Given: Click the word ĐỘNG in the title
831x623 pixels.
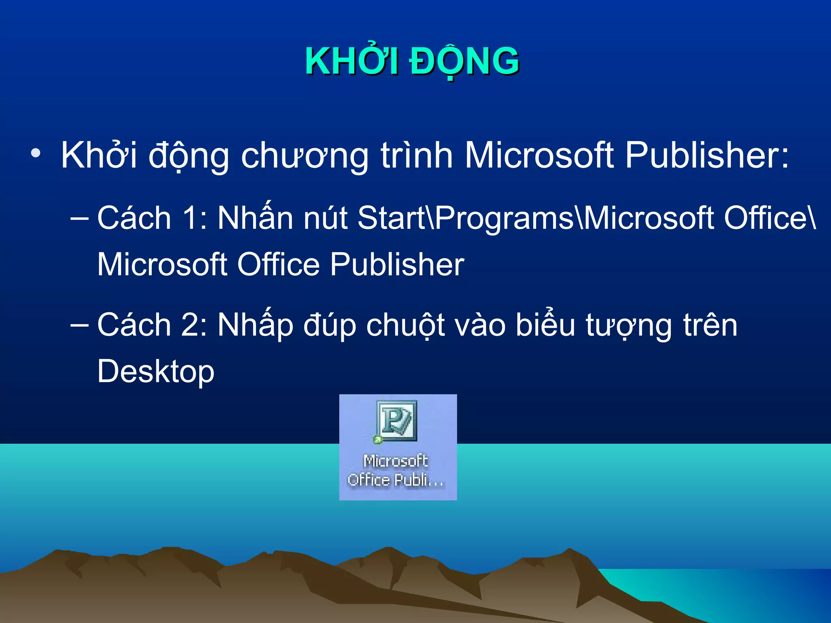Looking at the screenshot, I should [x=464, y=62].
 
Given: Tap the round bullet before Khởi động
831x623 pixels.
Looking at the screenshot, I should [x=36, y=153].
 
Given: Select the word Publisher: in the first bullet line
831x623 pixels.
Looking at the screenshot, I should [x=707, y=155].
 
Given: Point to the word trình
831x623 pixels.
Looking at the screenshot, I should [x=416, y=155].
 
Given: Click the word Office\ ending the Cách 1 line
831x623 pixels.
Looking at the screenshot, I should [x=770, y=218].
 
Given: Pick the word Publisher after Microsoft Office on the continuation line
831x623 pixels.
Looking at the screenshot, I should [x=397, y=264].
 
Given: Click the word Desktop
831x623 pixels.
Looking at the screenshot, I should [x=156, y=372].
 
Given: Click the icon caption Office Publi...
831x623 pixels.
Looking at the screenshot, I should [x=396, y=480].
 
